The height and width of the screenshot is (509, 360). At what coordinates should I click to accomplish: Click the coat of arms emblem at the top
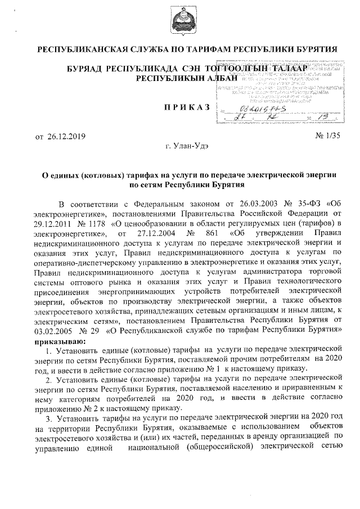tap(180, 21)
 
